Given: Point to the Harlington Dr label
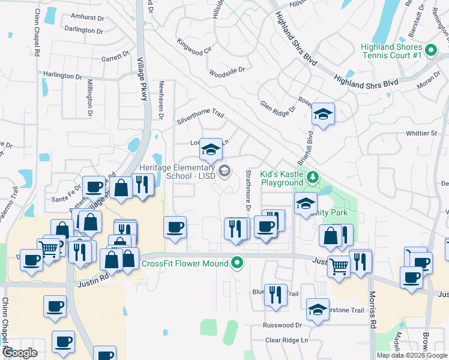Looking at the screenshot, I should pos(62,76).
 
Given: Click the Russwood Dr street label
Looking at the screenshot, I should pos(282,325).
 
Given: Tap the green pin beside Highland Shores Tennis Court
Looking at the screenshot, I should pos(430,50).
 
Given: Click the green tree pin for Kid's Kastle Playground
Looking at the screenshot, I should pos(312,178).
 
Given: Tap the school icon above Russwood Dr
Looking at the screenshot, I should pos(318,310).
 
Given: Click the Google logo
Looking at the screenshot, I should pos(20,353).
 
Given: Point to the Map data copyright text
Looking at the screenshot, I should pos(412,355).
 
